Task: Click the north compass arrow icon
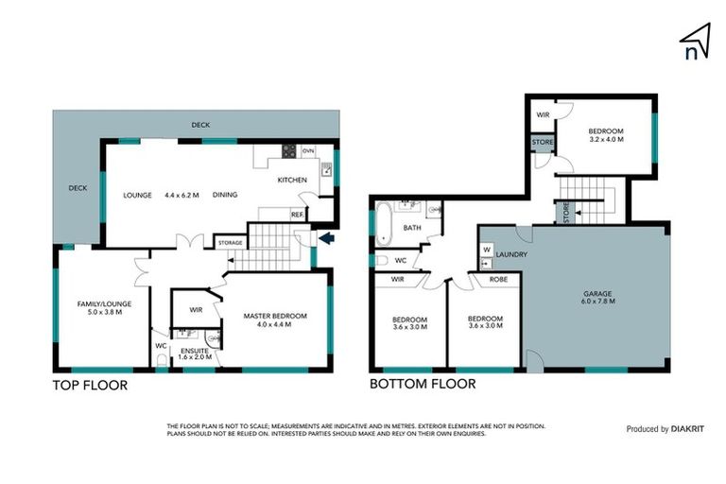695,41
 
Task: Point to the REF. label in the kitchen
297,215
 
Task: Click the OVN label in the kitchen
307,149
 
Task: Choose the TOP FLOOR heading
90,386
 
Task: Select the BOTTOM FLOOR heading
422,385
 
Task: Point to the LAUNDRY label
510,254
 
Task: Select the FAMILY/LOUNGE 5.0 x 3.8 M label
104,309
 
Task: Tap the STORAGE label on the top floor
231,243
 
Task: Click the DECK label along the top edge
200,125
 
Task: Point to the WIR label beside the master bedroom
196,309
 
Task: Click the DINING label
225,196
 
